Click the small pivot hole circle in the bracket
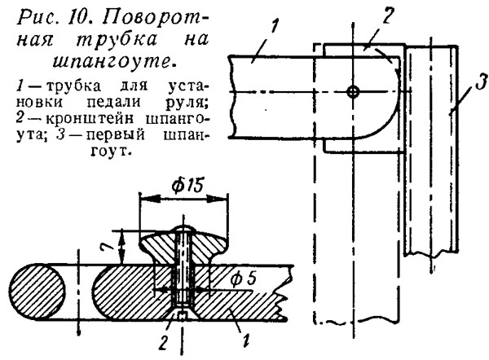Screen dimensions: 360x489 click(x=351, y=91)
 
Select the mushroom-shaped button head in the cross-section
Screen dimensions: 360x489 click(x=183, y=240)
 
